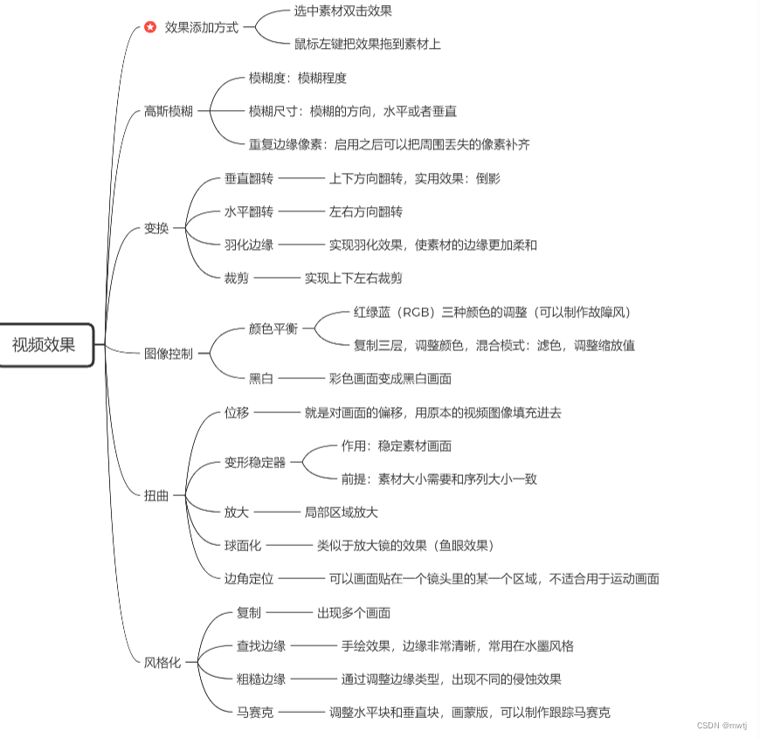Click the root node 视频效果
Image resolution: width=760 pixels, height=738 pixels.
(45, 344)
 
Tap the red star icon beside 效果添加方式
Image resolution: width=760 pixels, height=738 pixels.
(150, 27)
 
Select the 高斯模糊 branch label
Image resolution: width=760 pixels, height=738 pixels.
(168, 111)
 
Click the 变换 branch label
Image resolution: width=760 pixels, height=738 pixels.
(156, 228)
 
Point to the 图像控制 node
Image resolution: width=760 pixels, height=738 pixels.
(168, 354)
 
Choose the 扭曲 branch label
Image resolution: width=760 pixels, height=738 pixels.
(156, 495)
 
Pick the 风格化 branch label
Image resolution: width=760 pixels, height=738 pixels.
(162, 662)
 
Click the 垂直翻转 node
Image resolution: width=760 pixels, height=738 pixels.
(249, 178)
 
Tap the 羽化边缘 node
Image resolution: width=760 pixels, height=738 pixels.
(249, 245)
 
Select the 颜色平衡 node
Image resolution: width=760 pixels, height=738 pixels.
(273, 328)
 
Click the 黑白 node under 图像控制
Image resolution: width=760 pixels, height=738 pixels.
(261, 378)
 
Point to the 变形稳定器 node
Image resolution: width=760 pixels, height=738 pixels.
(255, 462)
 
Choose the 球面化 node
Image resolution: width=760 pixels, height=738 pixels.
(243, 545)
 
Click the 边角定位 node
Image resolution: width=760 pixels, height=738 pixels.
(249, 578)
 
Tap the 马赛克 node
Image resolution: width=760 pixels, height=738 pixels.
(255, 713)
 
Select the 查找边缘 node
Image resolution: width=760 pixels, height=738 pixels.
(261, 645)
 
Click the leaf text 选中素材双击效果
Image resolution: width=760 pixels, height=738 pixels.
(342, 11)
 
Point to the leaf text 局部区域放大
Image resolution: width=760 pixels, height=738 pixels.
(341, 512)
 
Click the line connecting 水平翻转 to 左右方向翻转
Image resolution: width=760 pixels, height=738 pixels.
(301, 211)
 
